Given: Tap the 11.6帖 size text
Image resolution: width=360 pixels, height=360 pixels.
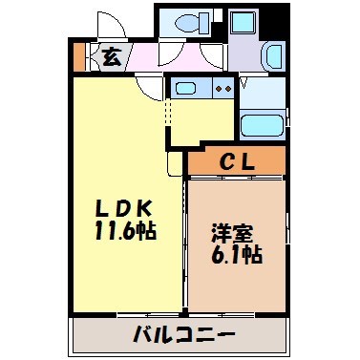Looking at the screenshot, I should (124, 231).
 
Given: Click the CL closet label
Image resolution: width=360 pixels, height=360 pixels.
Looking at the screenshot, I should (236, 161).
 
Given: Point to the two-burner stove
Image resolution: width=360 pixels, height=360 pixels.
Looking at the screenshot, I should (222, 89).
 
